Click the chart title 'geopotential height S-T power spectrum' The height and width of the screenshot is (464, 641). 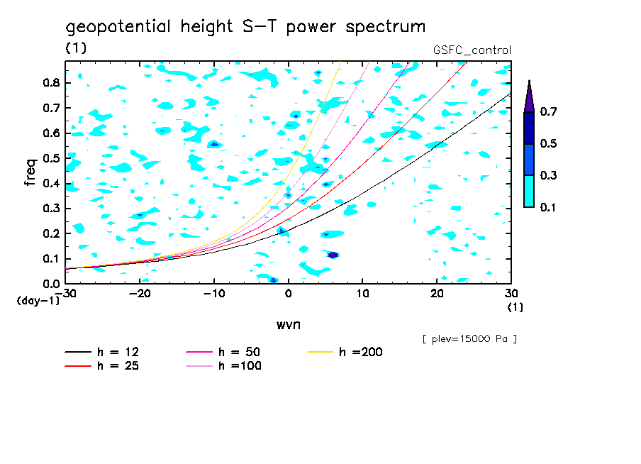pyautogui.click(x=245, y=27)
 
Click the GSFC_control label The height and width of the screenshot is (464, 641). pyautogui.click(x=472, y=50)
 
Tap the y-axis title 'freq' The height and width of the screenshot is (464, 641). pyautogui.click(x=30, y=172)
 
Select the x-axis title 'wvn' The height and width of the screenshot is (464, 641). pyautogui.click(x=287, y=324)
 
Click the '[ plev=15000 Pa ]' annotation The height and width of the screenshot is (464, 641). pyautogui.click(x=469, y=339)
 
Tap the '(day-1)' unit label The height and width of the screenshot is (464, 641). pyautogui.click(x=38, y=301)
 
